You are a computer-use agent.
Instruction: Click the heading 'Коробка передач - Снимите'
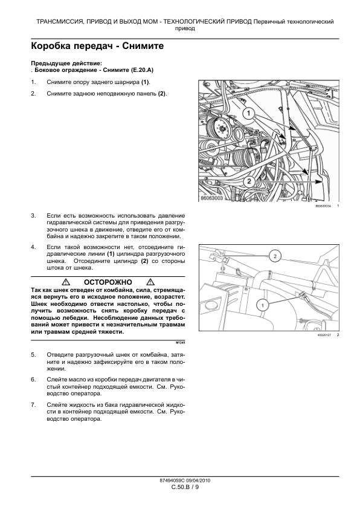click(x=97, y=46)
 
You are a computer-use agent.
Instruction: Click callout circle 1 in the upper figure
click(x=249, y=113)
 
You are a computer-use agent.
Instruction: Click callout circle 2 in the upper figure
click(x=249, y=181)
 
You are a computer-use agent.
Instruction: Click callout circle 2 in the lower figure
click(x=275, y=256)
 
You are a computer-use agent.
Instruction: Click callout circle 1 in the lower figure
click(x=262, y=305)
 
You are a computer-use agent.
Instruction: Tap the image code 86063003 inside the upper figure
click(x=211, y=198)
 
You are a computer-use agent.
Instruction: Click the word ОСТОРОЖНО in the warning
click(x=108, y=282)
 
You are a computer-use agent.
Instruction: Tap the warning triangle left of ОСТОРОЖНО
click(x=66, y=282)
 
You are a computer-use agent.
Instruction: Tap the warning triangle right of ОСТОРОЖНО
click(x=150, y=282)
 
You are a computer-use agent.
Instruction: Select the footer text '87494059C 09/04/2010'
click(x=185, y=481)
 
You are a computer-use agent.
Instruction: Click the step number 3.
click(x=33, y=216)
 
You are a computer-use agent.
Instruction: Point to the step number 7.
click(x=33, y=405)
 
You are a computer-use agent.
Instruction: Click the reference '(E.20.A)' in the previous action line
click(x=142, y=70)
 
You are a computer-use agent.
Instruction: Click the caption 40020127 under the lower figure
click(x=324, y=335)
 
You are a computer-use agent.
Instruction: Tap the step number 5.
click(x=33, y=354)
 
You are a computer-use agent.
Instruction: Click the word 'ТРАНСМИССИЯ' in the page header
click(x=56, y=22)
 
